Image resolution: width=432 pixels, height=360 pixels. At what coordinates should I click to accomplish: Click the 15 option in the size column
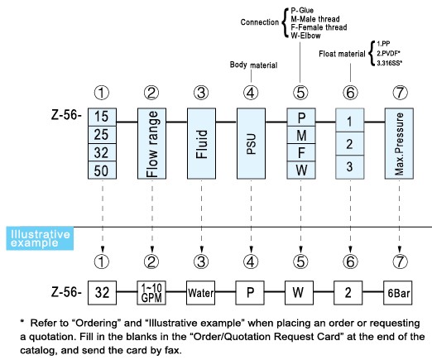102,117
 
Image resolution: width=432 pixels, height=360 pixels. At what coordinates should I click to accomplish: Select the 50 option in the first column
102,170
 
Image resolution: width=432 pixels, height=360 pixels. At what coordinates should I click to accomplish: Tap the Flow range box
151,143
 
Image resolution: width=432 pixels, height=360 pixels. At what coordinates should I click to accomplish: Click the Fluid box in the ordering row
201,143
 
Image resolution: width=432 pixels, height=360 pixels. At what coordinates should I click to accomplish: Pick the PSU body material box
251,143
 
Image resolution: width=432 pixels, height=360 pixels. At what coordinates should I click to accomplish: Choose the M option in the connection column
301,135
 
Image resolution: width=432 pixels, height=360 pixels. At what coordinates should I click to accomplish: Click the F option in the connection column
301,152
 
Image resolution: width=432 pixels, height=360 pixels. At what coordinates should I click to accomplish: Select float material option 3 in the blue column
349,167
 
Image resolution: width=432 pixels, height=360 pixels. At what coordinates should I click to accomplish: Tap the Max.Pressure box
399,143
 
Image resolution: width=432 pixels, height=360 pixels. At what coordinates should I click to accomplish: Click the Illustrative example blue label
40,238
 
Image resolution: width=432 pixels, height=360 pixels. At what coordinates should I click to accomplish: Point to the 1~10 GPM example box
151,293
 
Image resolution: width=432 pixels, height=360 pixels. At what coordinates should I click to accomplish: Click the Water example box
200,293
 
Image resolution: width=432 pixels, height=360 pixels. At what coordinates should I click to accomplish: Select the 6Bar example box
398,293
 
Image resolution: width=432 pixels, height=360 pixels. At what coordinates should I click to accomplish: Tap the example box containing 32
102,293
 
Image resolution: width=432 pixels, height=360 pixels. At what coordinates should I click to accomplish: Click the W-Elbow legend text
305,36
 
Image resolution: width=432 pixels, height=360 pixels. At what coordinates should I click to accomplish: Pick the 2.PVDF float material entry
388,53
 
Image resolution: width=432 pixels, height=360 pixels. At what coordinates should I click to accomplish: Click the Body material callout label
253,65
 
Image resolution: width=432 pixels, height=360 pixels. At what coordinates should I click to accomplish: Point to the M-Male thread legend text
315,19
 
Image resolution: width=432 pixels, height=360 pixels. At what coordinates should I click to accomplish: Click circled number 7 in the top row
400,93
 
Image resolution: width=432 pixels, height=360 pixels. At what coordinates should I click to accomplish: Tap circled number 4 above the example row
251,262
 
